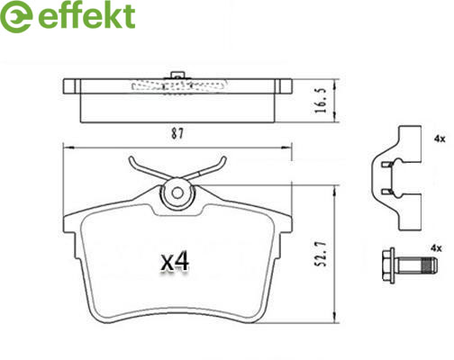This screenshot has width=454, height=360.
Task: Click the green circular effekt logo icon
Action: point(16,16)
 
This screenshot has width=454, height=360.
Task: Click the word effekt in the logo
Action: point(86,15)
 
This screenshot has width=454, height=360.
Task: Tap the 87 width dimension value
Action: point(177,133)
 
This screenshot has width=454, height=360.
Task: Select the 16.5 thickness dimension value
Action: point(321,101)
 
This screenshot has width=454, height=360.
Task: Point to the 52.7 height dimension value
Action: point(322,255)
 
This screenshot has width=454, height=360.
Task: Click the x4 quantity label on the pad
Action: point(175,262)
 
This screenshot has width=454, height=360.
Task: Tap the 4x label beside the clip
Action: point(440,139)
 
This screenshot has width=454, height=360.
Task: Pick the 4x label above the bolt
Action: point(436,248)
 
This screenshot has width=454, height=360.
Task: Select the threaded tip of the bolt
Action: point(430,265)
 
